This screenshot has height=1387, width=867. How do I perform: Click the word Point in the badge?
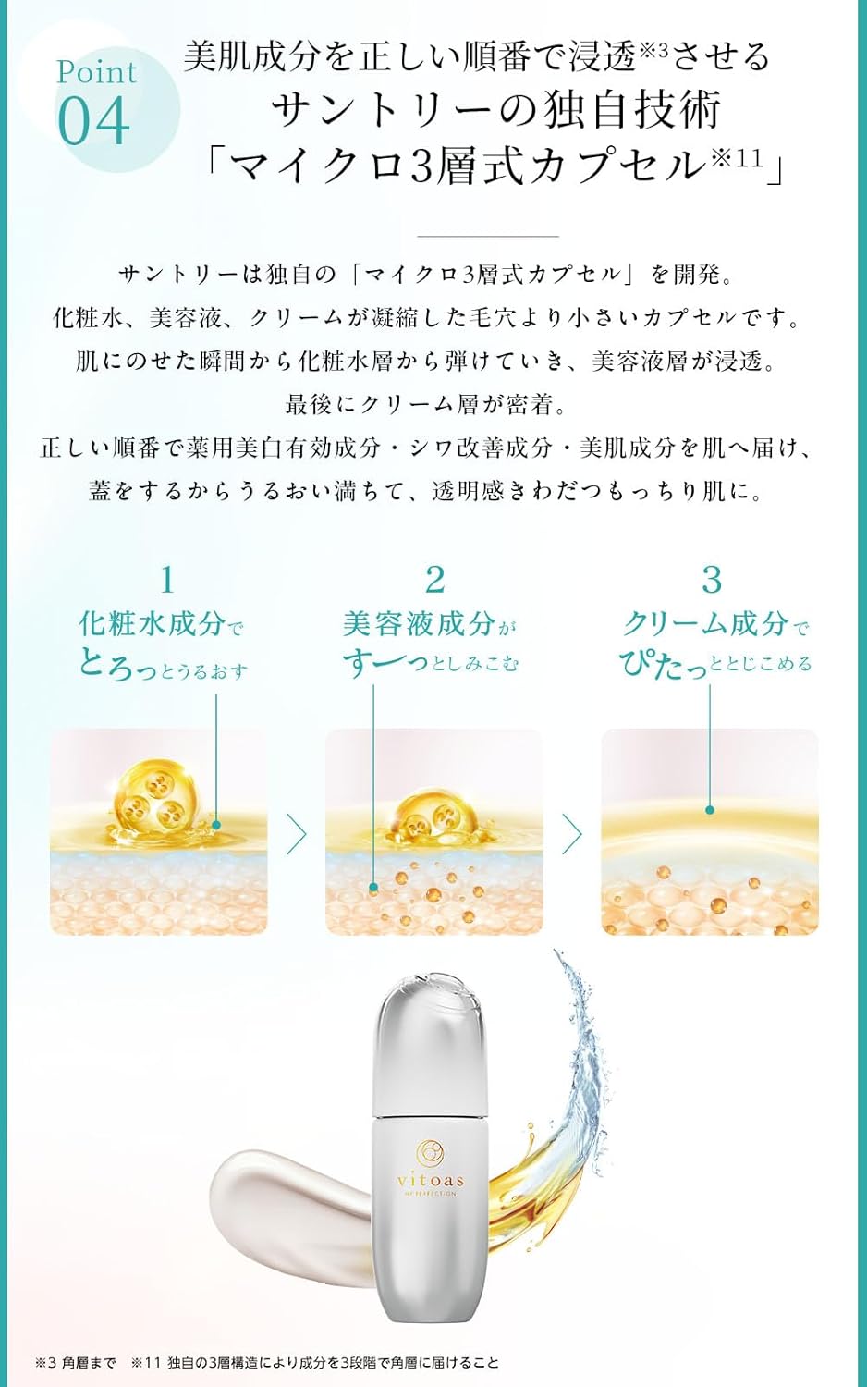coord(96,72)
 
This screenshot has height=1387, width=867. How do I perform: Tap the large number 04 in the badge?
coord(93,121)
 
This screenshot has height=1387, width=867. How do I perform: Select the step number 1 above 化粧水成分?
coord(166,581)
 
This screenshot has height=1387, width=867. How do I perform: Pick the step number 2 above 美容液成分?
coord(434,581)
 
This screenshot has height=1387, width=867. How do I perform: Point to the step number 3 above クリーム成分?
coord(711,581)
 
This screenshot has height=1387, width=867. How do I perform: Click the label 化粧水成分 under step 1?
coord(152,624)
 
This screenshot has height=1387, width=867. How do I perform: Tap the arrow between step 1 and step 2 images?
coord(297,834)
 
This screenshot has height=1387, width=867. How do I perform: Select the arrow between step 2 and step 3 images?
coord(573,834)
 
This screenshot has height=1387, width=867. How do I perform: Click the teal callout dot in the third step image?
coord(710,810)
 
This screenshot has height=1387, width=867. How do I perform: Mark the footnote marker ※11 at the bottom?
coord(146,1363)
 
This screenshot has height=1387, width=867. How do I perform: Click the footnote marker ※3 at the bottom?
coord(46,1363)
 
